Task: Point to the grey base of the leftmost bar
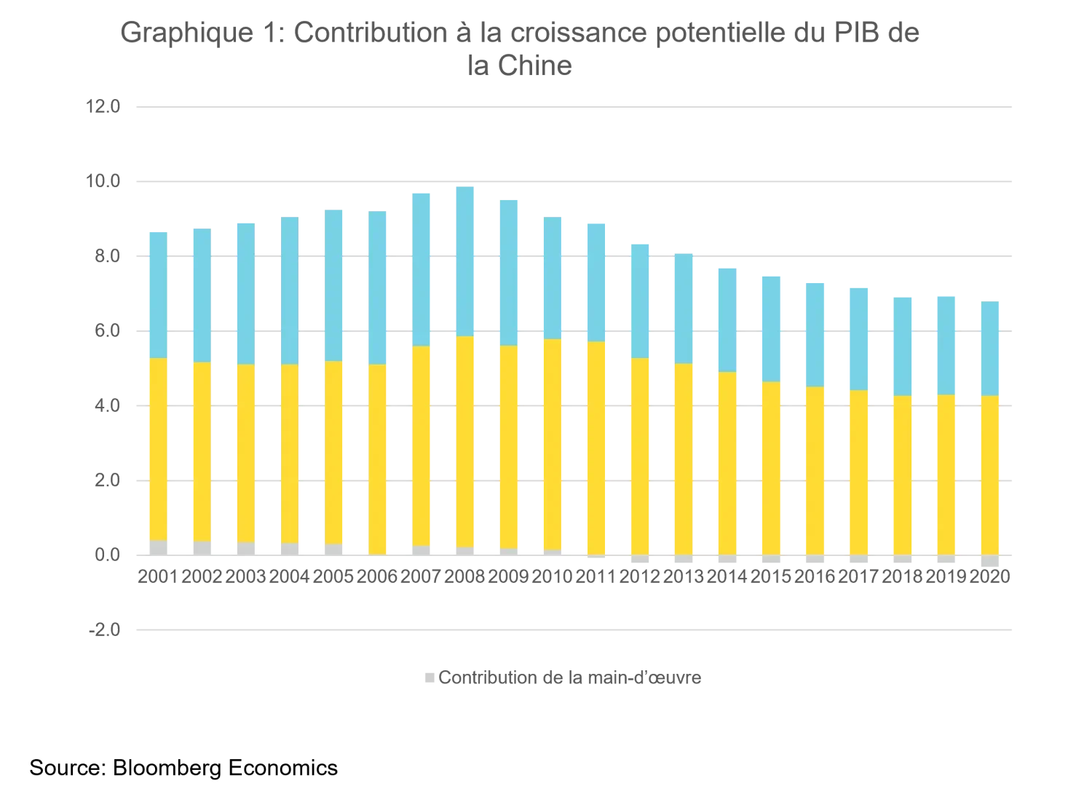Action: click(157, 547)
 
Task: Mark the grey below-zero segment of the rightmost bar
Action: click(990, 561)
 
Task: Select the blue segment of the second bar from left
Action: click(202, 295)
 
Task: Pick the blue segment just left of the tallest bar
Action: click(420, 269)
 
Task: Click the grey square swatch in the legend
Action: click(431, 678)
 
